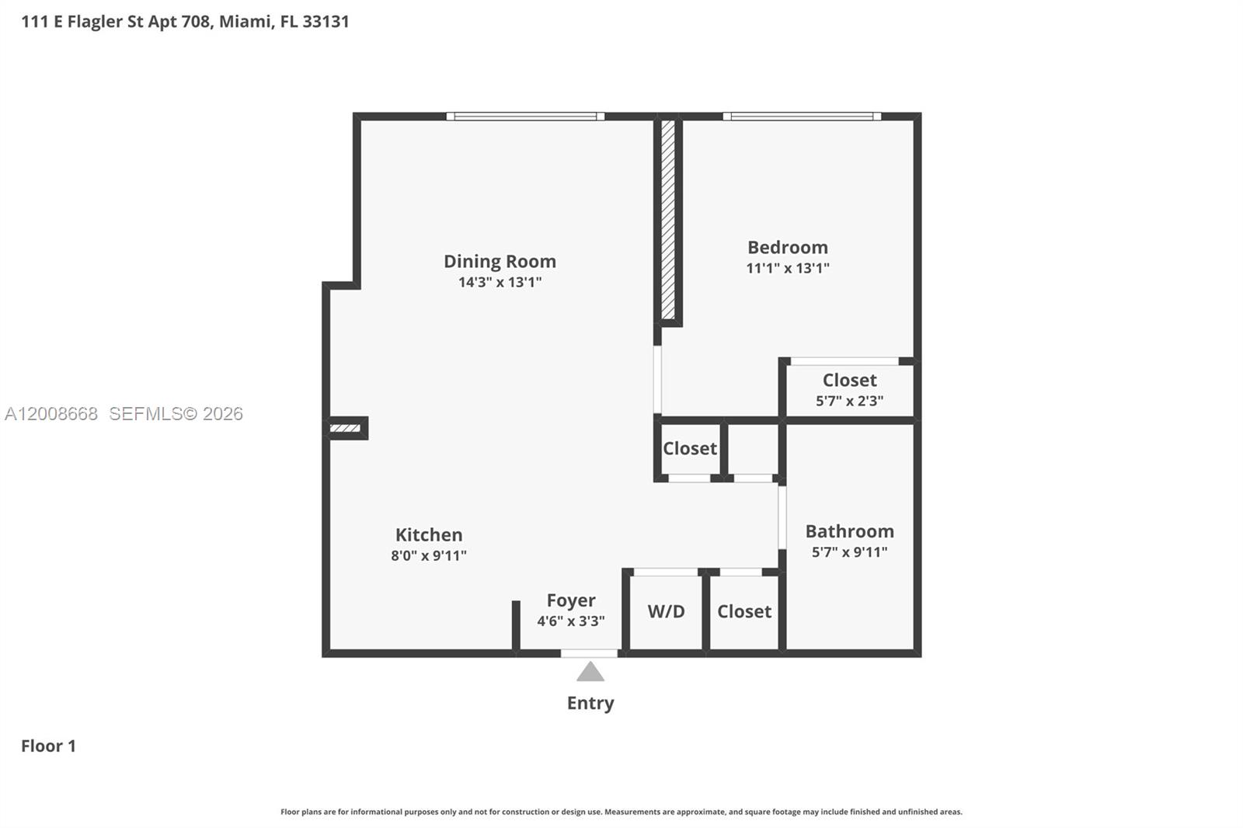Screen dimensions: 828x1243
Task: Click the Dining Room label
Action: point(500,261)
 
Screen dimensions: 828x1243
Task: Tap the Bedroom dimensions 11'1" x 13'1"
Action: point(787,268)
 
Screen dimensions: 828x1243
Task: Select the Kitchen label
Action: point(428,534)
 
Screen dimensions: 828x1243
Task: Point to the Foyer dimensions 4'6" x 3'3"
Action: point(570,621)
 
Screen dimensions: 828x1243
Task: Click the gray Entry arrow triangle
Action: point(590,673)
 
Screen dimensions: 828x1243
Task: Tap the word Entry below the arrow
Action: point(590,703)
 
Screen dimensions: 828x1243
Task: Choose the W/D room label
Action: point(666,611)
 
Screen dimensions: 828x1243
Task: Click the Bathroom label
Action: point(849,531)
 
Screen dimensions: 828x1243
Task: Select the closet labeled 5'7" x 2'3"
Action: point(849,401)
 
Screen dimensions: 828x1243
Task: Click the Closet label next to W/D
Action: point(743,611)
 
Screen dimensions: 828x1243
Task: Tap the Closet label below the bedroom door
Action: point(689,448)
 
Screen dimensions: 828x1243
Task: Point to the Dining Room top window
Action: point(525,117)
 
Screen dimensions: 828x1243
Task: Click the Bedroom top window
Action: point(802,117)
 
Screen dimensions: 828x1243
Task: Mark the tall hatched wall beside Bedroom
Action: point(667,220)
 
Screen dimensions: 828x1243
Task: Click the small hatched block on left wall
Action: point(345,428)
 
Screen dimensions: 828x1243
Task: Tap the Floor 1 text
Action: point(48,746)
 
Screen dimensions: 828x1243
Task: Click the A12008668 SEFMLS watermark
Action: point(124,414)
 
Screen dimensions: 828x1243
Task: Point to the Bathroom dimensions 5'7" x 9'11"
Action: point(849,552)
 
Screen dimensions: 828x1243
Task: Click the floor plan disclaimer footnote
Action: point(621,812)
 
